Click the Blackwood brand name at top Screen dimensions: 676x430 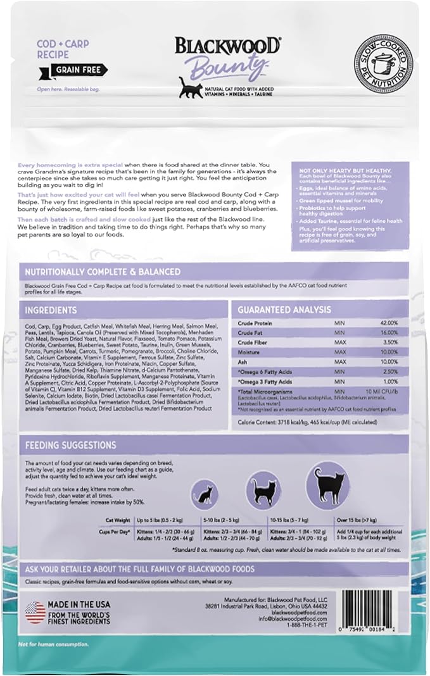coord(227,46)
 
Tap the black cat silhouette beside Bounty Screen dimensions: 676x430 coord(186,88)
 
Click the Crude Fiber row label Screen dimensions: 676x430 coord(252,342)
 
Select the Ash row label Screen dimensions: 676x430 coord(242,361)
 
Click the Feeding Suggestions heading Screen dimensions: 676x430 coord(70,445)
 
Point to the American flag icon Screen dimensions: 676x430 coord(36,612)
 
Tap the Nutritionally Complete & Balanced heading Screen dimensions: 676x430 coord(102,272)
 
